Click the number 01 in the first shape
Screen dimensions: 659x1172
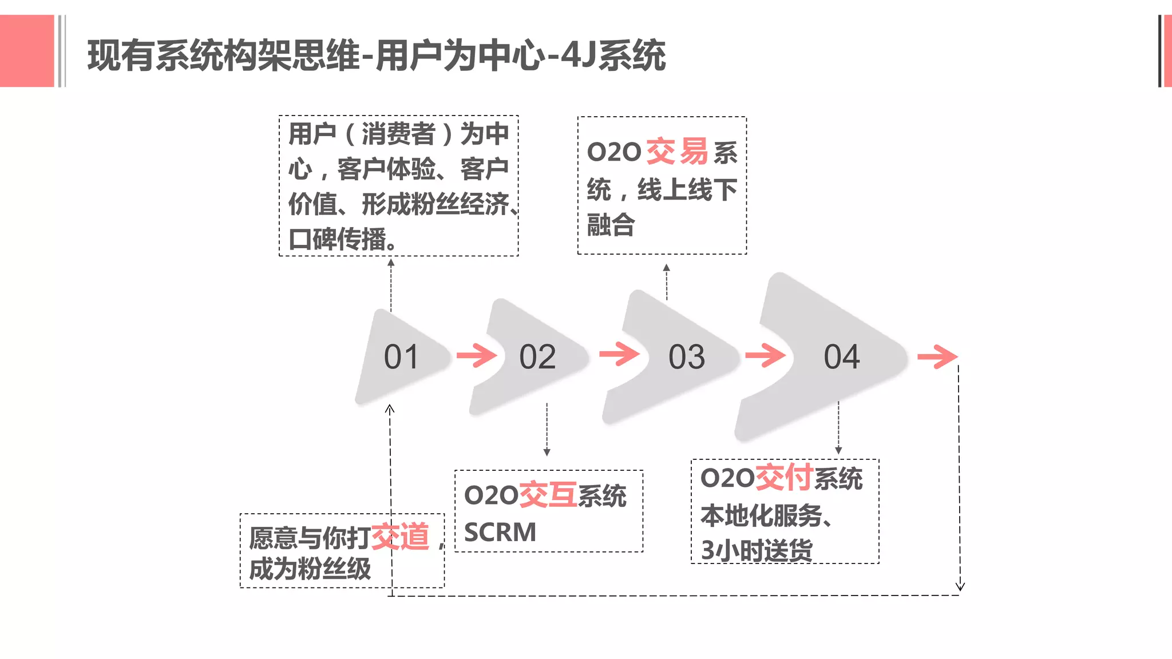coord(401,358)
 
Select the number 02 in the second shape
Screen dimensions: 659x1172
coord(537,358)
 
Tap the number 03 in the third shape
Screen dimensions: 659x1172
coord(686,358)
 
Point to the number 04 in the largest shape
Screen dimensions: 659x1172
coord(841,358)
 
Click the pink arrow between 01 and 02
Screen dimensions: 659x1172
coord(477,356)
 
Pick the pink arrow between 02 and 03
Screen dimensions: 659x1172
coord(619,354)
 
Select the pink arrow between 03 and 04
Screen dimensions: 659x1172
coord(766,355)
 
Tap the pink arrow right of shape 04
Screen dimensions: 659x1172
coord(937,357)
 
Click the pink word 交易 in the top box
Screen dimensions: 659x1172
coord(677,152)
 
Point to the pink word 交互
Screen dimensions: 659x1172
coord(548,495)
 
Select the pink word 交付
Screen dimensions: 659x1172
coord(784,478)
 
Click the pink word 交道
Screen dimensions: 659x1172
coord(400,537)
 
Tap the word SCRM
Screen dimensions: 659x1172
coord(500,533)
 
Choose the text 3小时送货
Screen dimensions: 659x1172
coord(757,550)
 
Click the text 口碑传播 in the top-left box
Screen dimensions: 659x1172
coord(342,239)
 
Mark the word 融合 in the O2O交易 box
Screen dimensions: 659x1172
coord(611,225)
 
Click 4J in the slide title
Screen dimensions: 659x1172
coord(579,55)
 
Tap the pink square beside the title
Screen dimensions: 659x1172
coord(27,51)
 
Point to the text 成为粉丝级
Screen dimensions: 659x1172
coord(310,569)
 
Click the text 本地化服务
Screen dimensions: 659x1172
coord(762,515)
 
